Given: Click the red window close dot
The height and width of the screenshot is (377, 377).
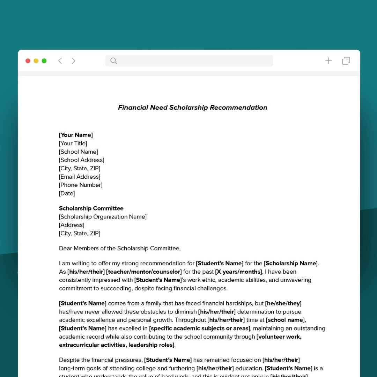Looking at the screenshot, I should (28, 61).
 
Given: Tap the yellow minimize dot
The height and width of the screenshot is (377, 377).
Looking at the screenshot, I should (36, 61).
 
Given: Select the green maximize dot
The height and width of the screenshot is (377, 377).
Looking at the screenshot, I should (44, 61).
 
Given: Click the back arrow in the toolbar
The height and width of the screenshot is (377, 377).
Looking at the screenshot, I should (60, 61).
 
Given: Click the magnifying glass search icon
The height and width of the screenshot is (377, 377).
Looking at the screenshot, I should (113, 61).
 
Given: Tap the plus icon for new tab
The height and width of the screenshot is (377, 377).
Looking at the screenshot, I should (328, 61).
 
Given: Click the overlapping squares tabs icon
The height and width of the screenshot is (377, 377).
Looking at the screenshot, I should (346, 61).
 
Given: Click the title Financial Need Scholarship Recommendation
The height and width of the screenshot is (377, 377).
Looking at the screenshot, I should (192, 108).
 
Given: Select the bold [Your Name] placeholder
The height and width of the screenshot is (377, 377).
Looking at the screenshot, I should (76, 135).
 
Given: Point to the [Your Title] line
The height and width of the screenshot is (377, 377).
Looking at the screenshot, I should (73, 143).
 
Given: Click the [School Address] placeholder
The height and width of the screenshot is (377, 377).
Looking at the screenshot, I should (82, 160).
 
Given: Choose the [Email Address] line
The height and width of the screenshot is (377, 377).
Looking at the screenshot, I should (80, 177).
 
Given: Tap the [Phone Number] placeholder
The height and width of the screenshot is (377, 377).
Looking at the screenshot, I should (81, 185).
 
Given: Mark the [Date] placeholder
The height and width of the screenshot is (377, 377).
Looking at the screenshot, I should (67, 193).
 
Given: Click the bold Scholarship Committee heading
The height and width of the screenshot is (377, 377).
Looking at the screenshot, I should (91, 208).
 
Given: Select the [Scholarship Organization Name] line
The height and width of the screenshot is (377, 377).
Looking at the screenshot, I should (103, 217).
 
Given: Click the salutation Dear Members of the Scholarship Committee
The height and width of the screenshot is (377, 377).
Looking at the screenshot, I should (120, 249).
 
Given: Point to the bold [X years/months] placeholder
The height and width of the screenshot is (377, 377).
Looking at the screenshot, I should (238, 272).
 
